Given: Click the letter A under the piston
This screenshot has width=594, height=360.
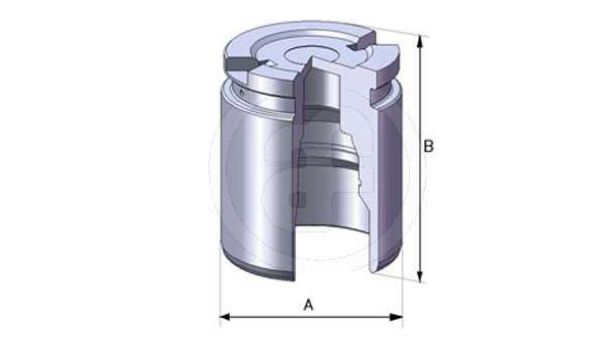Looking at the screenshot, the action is (309, 305).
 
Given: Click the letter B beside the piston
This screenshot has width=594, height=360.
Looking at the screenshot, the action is (428, 146).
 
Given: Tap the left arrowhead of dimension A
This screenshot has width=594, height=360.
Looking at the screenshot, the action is (225, 317).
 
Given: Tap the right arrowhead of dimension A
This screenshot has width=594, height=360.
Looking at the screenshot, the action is (397, 317).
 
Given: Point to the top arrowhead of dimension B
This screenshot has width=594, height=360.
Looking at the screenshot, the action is (419, 41).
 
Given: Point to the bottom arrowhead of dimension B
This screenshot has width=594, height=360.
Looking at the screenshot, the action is (419, 277).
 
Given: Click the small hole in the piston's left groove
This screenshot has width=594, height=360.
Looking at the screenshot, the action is (242, 91).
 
